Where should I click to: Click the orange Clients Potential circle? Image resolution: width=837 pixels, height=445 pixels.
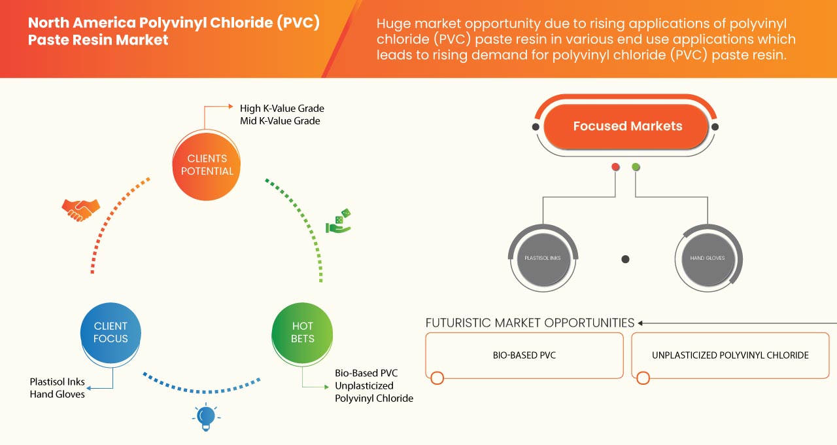pos(207,165)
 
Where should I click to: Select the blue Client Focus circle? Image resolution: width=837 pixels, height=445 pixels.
pos(111,332)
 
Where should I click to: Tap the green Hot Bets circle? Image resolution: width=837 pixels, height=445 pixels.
pos(302,332)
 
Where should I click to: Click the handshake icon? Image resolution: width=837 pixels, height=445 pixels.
pos(80,209)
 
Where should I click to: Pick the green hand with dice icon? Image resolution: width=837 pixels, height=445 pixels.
pos(339,222)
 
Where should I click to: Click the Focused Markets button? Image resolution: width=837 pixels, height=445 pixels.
pos(627,126)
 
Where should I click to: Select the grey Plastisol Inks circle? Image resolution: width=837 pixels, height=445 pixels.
pos(543,258)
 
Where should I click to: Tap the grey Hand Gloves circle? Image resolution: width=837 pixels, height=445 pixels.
pos(708,258)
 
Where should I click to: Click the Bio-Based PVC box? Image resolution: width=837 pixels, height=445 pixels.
pos(524,355)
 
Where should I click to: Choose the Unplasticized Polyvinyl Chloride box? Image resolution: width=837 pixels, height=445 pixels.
pos(730,355)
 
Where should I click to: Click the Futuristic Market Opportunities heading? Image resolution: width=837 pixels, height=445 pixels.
pos(530,323)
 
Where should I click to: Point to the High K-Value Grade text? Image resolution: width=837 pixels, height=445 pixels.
pos(282,108)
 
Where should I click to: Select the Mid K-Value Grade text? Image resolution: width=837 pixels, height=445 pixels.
pos(280,121)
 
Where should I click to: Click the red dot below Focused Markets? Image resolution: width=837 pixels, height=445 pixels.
pos(615,168)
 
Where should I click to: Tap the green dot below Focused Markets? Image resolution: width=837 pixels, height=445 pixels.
pos(636,168)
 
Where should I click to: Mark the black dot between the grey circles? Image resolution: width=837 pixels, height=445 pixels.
pos(625,259)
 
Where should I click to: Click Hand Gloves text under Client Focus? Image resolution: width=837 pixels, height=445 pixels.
pos(57,395)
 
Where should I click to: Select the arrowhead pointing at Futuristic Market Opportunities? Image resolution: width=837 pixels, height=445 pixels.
pos(641,323)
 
